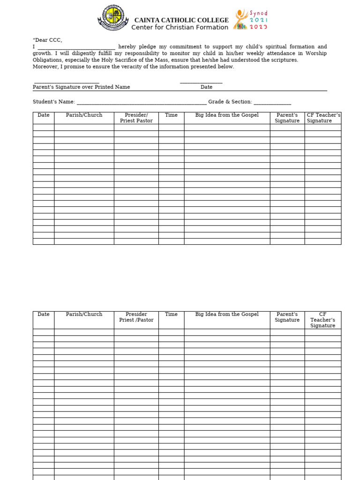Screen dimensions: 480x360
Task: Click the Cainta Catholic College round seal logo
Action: coord(113,18)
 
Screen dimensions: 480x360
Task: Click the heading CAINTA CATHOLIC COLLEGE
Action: coord(181,20)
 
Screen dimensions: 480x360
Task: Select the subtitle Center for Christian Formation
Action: coord(180,28)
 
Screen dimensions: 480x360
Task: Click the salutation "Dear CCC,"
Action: coord(47,40)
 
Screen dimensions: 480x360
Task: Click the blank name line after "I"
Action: coord(76,47)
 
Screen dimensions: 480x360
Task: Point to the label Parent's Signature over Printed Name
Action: coord(82,87)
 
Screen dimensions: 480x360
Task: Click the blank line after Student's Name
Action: coord(141,102)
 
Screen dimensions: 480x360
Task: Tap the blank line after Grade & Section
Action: coord(272,102)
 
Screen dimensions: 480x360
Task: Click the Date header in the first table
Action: coord(43,115)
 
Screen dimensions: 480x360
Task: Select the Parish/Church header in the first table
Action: coord(84,115)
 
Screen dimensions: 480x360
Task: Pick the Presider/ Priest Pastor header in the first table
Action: coord(136,118)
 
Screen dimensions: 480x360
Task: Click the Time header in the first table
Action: coord(171,115)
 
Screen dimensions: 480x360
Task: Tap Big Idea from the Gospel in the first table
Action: coord(227,115)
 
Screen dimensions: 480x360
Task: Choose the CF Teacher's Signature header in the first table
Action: coord(323,118)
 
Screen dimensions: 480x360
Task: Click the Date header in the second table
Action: coord(43,315)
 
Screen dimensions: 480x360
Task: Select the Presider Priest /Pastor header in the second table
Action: coord(136,317)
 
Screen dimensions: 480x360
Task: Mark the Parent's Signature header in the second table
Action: coord(287,317)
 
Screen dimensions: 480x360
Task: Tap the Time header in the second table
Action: coord(171,315)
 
